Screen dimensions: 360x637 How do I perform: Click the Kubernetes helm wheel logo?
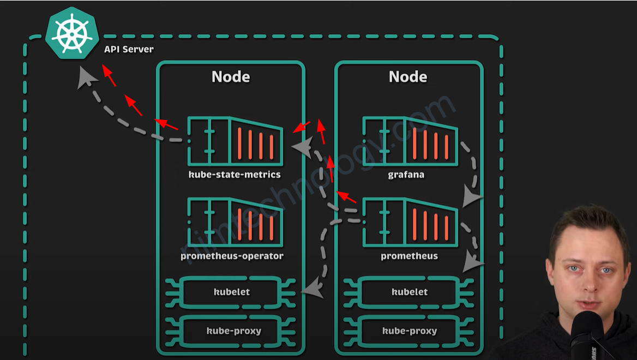coord(71,34)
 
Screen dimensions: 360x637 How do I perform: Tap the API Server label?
coord(129,50)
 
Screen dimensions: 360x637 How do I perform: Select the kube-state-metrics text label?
coord(235,175)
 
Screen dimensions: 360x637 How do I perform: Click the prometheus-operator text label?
coord(232,256)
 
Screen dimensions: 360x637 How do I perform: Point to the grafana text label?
coord(406,175)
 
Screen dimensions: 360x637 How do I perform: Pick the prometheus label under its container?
coord(409,256)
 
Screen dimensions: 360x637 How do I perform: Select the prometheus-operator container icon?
coord(235,222)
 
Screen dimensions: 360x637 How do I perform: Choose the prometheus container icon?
coord(410,222)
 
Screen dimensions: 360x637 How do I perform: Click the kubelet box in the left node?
coord(232,292)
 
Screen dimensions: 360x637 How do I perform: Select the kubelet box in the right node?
coord(410,292)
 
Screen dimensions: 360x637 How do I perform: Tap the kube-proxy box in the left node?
coord(233,331)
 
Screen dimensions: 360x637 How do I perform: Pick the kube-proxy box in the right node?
coord(410,331)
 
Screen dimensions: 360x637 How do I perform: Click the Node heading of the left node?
coord(231,76)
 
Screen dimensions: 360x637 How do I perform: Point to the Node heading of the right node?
coord(408,76)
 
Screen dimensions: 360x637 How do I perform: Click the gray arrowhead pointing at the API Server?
coord(86,78)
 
